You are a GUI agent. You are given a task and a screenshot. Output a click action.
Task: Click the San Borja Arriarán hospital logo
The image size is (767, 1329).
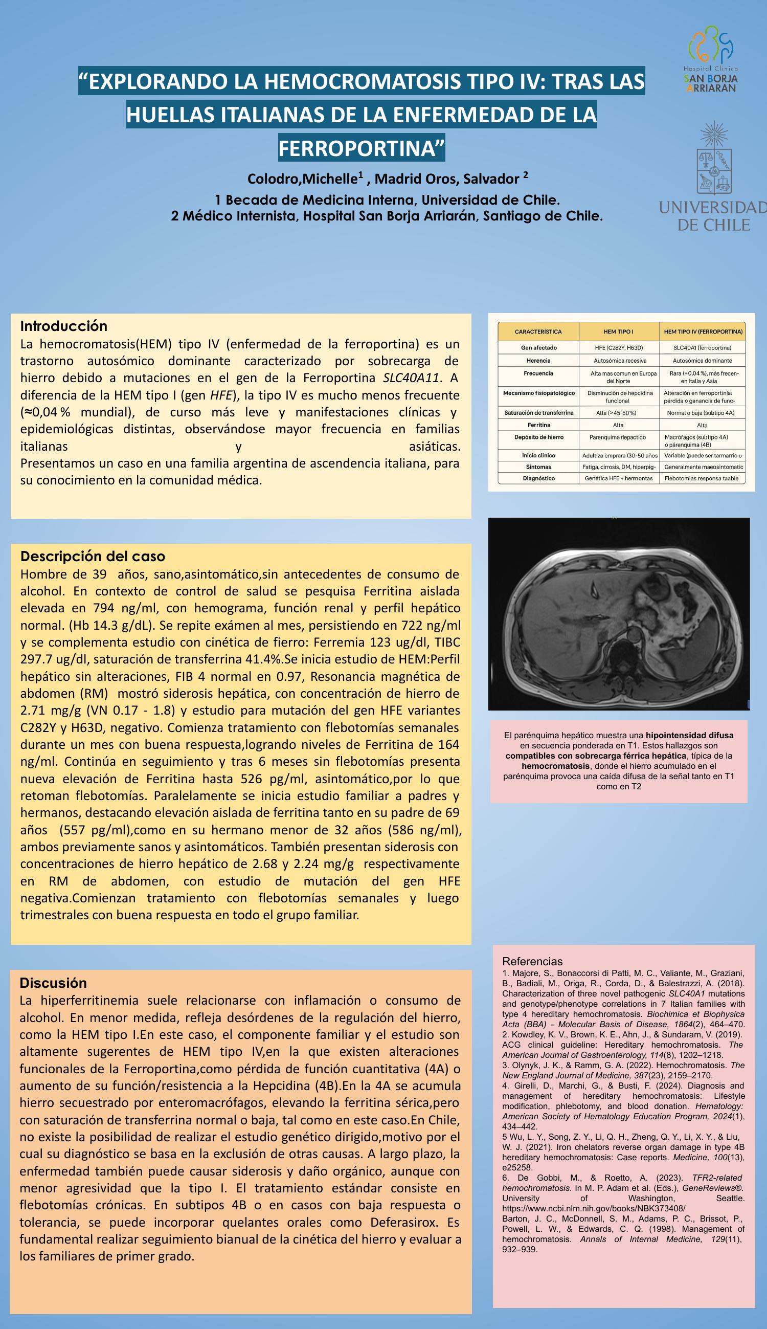tap(711, 60)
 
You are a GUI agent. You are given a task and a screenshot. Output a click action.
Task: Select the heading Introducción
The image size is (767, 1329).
tap(64, 326)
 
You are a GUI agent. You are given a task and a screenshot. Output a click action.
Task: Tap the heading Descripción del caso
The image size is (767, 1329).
tap(93, 557)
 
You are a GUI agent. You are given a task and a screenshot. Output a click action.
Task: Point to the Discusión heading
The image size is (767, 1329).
tap(53, 983)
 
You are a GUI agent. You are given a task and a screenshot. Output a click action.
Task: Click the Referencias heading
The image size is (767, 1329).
tap(532, 961)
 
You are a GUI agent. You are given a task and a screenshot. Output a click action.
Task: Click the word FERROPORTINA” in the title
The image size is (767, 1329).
tap(362, 148)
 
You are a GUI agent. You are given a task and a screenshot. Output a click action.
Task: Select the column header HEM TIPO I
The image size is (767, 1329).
tap(618, 332)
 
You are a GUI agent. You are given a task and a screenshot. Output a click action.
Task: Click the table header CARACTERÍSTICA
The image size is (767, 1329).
tap(538, 332)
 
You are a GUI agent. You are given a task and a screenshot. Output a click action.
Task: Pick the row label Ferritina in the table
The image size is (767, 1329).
tap(538, 425)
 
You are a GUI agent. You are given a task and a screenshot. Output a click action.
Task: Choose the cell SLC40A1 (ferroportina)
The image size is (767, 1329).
tap(702, 348)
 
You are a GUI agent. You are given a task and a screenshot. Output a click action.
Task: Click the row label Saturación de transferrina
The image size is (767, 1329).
tap(538, 413)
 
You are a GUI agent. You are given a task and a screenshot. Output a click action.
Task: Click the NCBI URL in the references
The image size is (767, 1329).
tap(594, 1208)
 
